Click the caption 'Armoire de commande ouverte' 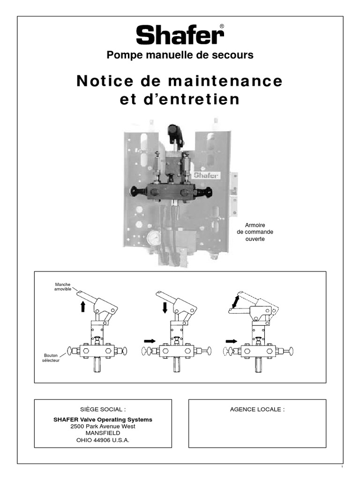click(255, 232)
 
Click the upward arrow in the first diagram click(83, 307)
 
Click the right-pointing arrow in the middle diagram click(150, 341)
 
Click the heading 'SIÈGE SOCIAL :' click(103, 409)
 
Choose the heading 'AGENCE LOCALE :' click(257, 409)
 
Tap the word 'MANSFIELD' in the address click(103, 433)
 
